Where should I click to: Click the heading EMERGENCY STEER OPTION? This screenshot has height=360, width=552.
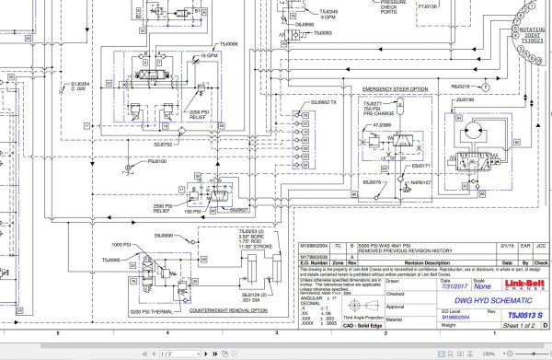(396, 88)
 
